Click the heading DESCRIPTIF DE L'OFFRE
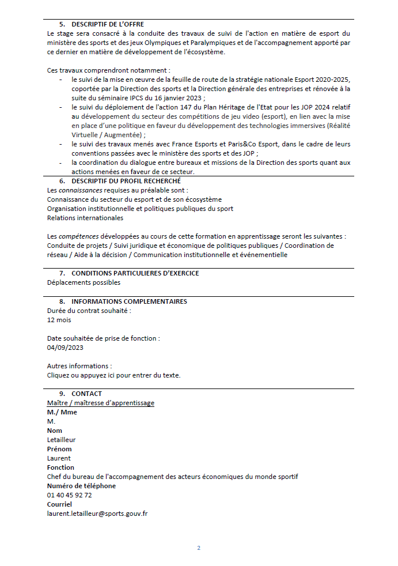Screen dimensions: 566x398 click(x=107, y=24)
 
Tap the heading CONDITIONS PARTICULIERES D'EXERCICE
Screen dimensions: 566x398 click(x=135, y=273)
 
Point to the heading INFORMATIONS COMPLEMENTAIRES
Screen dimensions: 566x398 click(x=129, y=301)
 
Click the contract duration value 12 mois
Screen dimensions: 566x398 click(x=59, y=320)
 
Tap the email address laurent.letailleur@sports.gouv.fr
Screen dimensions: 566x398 click(x=97, y=514)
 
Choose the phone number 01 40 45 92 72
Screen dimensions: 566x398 click(x=69, y=495)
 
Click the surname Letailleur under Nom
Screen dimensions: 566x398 click(x=61, y=440)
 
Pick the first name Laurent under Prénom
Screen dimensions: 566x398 click(x=59, y=458)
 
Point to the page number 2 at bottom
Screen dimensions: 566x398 click(x=199, y=548)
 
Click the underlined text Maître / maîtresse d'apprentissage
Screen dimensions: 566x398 click(x=100, y=403)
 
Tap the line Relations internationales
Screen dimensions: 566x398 click(x=85, y=218)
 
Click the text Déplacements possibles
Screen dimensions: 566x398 click(x=84, y=282)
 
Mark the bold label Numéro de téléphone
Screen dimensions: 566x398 click(x=81, y=486)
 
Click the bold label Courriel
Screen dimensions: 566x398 click(x=59, y=504)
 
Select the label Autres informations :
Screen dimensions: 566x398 click(x=79, y=366)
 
